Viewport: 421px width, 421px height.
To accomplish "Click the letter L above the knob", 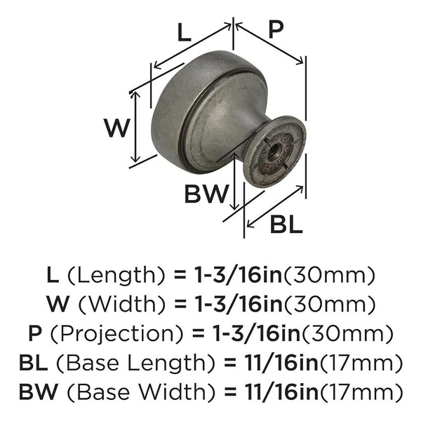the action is pos(184,32).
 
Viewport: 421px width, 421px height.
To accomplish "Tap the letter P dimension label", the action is pos(276,30).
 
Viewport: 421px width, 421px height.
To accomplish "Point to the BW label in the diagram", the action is pos(206,194).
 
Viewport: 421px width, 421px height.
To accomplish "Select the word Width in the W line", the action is pos(122,304).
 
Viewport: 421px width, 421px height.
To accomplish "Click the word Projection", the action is pos(116,333).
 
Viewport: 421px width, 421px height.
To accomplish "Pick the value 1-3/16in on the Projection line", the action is pos(256,333).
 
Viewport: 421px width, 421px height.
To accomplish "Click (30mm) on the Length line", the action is pos(329,275).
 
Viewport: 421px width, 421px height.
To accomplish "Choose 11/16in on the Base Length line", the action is pos(281,363).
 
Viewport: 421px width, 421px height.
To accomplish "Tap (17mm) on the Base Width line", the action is pos(361,392).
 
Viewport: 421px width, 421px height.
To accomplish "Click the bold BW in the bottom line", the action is pos(38,392).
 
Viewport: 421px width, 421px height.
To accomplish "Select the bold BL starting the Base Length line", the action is pos(33,363).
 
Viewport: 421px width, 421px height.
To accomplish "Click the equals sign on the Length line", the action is pos(180,276).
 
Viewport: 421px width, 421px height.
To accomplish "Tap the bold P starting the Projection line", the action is pos(35,333).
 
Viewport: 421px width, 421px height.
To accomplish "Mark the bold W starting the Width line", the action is pos(58,304).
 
